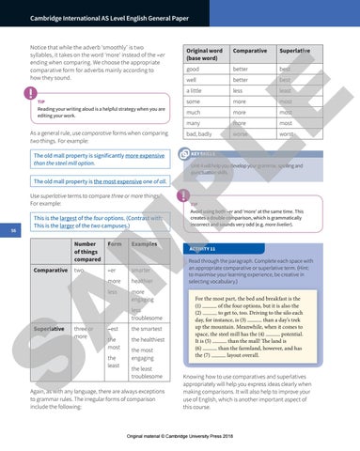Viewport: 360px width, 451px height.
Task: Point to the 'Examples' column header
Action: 144,243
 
